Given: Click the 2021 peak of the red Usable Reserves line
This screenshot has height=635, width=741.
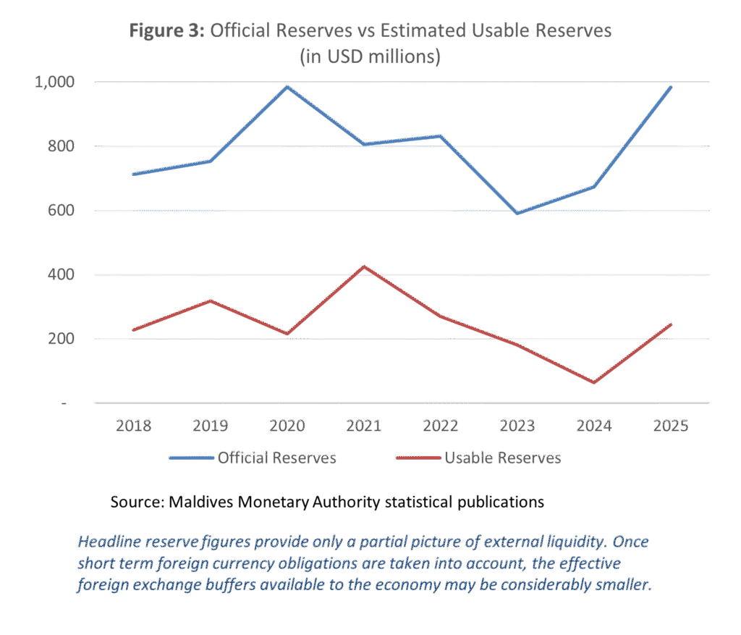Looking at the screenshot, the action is click(364, 266).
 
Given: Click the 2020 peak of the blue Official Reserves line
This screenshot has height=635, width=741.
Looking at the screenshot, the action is click(287, 87).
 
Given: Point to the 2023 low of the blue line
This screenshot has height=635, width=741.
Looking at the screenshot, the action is click(517, 214).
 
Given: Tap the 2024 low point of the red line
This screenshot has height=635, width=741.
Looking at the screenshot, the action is click(594, 382).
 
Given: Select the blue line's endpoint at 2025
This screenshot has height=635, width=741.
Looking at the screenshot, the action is click(671, 88).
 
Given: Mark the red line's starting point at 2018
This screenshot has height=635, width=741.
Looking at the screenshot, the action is click(134, 330).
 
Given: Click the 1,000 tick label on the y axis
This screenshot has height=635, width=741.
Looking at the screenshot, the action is click(54, 83).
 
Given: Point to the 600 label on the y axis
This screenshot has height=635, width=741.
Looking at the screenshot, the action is click(61, 211).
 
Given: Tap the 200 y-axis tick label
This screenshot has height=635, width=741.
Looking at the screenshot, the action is click(61, 339).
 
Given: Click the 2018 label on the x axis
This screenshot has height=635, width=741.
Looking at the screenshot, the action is click(134, 426).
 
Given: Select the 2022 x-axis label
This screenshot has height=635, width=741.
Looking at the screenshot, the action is click(441, 426).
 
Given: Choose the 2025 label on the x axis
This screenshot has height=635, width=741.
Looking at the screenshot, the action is click(671, 426).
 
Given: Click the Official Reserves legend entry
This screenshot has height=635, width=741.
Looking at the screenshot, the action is click(253, 458).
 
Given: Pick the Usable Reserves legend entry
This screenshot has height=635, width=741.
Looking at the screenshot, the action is click(479, 458).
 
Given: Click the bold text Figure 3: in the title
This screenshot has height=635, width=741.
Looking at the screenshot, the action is click(167, 30).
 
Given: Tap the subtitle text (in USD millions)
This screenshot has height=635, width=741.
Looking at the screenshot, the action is click(370, 56).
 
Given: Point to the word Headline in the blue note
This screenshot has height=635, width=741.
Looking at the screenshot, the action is click(109, 542).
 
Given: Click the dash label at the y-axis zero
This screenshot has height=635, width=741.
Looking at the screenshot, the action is click(64, 403).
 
